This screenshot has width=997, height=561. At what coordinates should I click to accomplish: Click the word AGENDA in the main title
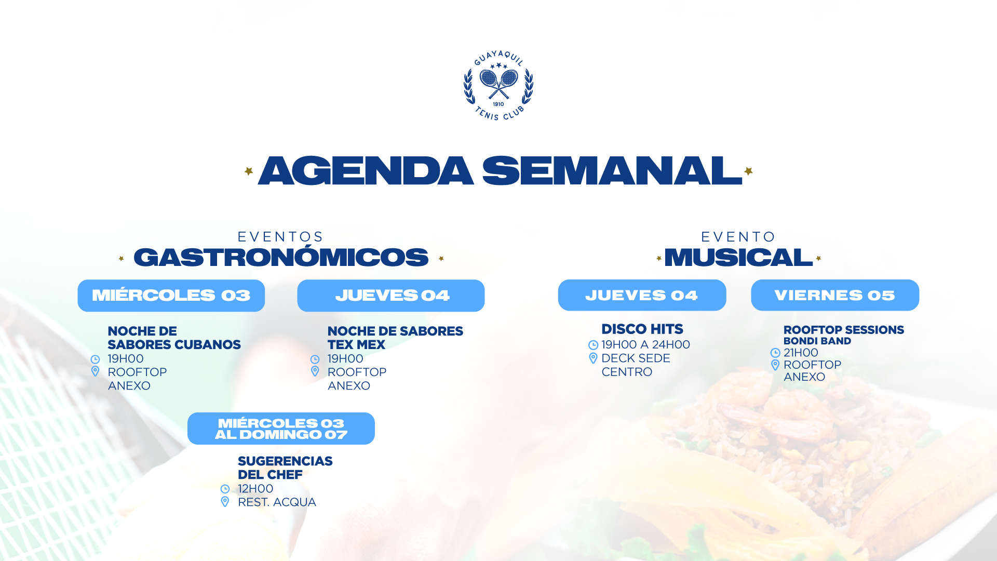coord(366,171)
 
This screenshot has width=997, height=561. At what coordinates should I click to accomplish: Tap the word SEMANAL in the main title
coord(613,171)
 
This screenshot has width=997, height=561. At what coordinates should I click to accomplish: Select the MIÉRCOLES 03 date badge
coord(171,296)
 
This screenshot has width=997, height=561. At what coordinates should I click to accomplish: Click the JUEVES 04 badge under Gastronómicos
coord(391,296)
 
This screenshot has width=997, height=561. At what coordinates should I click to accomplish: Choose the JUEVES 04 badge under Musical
coord(642,295)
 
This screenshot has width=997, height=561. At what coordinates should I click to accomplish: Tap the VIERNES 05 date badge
coord(835,295)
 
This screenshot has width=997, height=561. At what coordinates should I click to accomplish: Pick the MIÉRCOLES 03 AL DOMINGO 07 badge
coord(281,429)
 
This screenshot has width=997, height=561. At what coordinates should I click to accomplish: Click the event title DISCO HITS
coord(642,329)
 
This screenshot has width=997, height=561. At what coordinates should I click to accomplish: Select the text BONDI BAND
coord(817,341)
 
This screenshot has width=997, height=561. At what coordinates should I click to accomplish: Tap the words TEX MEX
coord(356,345)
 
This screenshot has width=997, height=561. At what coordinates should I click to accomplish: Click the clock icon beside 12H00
coord(225,489)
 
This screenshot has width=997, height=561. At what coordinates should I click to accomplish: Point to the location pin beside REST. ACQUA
coord(225,502)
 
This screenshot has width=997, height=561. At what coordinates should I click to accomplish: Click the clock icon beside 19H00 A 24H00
coord(594,345)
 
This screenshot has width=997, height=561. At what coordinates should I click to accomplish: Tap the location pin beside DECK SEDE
coord(594,358)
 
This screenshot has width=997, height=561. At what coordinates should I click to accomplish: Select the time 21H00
coord(801,353)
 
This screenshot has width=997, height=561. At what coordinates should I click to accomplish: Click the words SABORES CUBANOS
coord(174,345)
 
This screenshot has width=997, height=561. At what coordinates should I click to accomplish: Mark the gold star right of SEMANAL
coord(748,171)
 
